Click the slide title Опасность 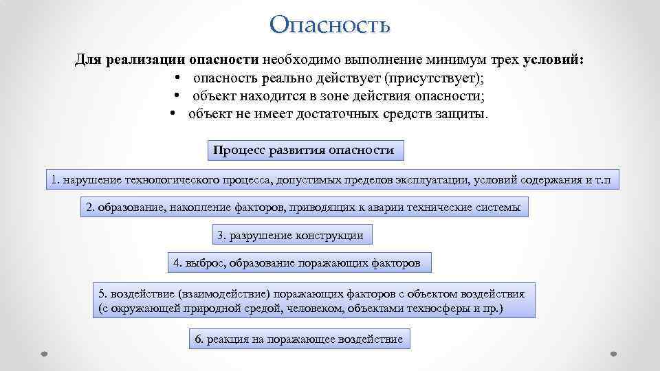tap(330, 25)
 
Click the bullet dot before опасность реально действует tap(178, 78)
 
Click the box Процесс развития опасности tap(305, 150)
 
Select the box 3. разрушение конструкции tap(290, 235)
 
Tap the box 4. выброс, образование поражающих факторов tap(301, 262)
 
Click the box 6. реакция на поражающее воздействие tap(299, 339)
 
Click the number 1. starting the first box tap(55, 180)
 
